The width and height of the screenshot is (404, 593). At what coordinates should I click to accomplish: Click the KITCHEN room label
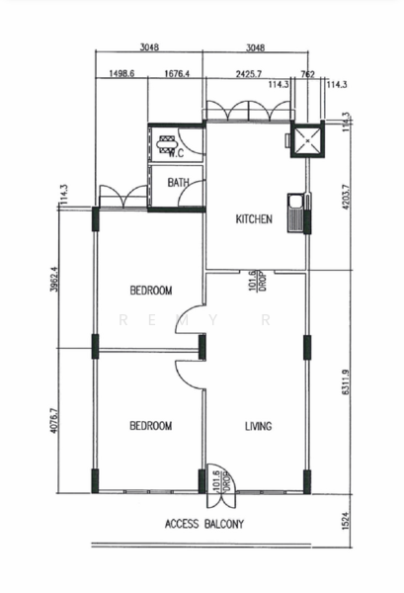point(254,219)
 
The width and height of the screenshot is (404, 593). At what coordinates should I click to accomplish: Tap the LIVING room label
point(258,426)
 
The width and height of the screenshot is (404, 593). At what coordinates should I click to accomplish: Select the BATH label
point(178,183)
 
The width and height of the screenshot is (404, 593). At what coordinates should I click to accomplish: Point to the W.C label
point(176,153)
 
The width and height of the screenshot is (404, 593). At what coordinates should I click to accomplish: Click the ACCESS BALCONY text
point(204,524)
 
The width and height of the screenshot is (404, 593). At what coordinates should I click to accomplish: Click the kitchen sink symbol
point(294,212)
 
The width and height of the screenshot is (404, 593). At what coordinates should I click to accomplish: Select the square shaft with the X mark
point(307,140)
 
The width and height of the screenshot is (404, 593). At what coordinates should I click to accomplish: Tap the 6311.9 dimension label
point(345,382)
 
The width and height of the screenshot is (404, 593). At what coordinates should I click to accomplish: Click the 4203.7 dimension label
point(345,197)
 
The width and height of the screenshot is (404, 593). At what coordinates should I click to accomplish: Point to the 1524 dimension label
point(346,521)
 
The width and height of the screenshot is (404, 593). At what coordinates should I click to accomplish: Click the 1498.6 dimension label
point(121,73)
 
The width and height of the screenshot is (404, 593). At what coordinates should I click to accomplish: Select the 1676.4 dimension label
point(177,73)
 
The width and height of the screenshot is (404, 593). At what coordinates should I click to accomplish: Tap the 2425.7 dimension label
point(249,74)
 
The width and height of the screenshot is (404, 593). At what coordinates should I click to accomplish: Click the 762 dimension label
point(307,74)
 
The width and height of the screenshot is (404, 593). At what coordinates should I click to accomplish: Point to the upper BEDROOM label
point(151,290)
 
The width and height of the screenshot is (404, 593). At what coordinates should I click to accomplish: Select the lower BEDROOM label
point(151,426)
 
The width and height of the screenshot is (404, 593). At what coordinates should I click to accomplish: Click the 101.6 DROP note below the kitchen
point(258,281)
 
